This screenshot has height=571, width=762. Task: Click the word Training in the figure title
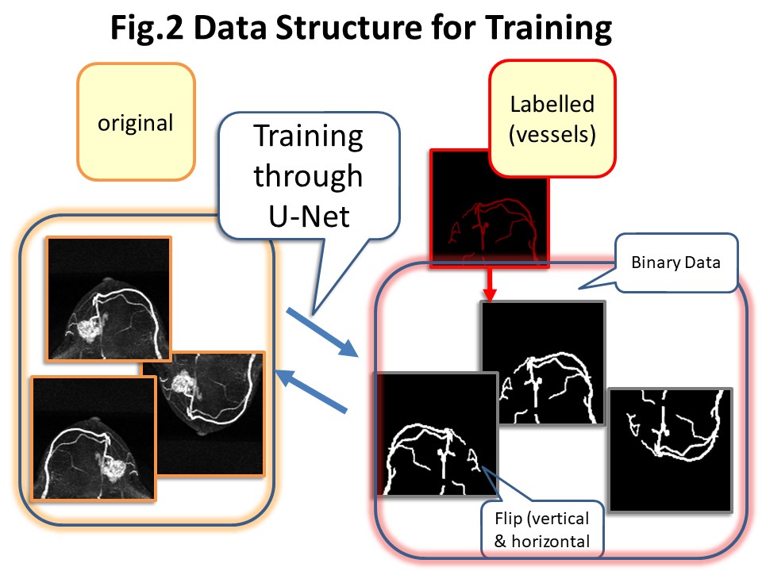pyautogui.click(x=548, y=29)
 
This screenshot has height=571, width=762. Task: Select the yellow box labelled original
pyautogui.click(x=136, y=122)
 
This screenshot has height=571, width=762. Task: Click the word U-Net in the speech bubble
pyautogui.click(x=309, y=216)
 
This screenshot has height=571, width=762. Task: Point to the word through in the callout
pyautogui.click(x=308, y=177)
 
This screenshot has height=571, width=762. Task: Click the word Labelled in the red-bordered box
pyautogui.click(x=552, y=105)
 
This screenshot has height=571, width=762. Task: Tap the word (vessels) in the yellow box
pyautogui.click(x=552, y=135)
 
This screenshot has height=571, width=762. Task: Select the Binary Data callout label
pyautogui.click(x=675, y=263)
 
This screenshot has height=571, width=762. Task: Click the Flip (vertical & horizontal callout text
pyautogui.click(x=542, y=530)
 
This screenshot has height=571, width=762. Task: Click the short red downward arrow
pyautogui.click(x=490, y=284)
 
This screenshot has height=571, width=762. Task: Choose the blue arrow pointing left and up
pyautogui.click(x=311, y=391)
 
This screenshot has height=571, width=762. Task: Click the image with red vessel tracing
pyautogui.click(x=490, y=209)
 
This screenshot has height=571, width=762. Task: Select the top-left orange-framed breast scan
pyautogui.click(x=109, y=299)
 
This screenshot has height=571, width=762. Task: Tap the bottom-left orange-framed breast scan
pyautogui.click(x=94, y=438)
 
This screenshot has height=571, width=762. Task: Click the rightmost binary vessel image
pyautogui.click(x=671, y=450)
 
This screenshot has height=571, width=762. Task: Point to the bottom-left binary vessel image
pyautogui.click(x=437, y=434)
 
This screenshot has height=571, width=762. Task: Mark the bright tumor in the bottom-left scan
pyautogui.click(x=114, y=469)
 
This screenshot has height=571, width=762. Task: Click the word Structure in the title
pyautogui.click(x=349, y=29)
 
